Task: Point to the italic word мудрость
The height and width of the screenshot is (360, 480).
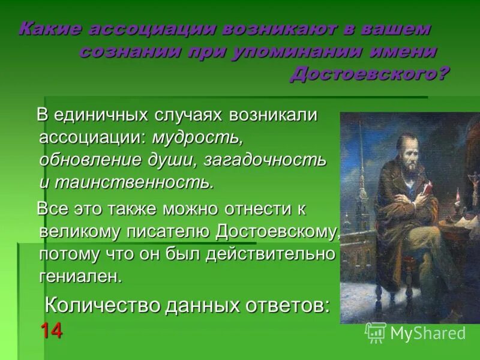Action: [x=197, y=137]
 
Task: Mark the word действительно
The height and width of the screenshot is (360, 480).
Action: [x=269, y=254]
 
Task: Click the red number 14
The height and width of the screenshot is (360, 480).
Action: [x=51, y=331]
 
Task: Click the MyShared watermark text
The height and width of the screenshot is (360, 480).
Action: [x=427, y=333]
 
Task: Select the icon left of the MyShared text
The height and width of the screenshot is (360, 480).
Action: [x=376, y=332]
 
